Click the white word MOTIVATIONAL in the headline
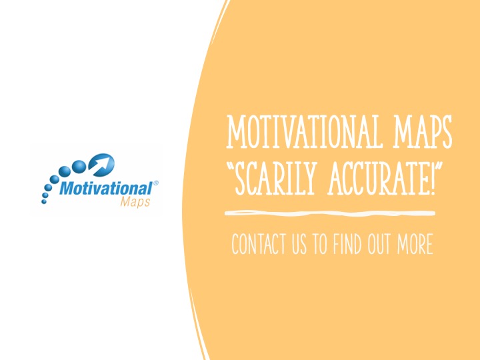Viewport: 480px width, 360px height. tap(305, 131)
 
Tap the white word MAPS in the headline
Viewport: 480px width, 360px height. tap(423, 131)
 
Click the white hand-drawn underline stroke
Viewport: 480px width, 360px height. tap(330, 213)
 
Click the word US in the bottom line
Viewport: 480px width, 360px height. tap(299, 244)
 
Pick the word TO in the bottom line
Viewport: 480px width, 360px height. tap(319, 244)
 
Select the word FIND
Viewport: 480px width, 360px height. tap(347, 244)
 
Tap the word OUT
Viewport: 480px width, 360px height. tap(379, 244)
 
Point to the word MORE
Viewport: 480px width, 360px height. tap(415, 244)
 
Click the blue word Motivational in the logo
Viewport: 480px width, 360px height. tap(106, 188)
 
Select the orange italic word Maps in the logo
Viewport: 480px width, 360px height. tap(135, 202)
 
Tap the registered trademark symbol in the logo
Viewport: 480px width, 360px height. tap(155, 183)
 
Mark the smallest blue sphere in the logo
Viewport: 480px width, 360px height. tap(44, 201)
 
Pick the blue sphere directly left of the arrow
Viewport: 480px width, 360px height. tap(79, 165)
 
